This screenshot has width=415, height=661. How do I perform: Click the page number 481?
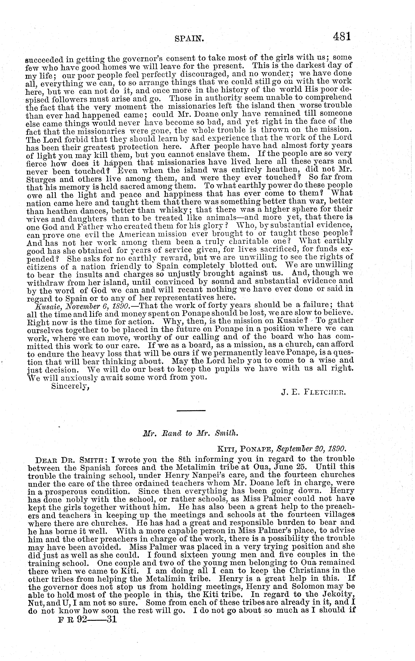click(x=342, y=36)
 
